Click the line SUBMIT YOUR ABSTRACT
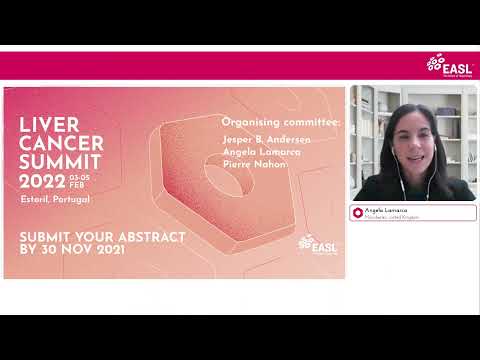[103, 236]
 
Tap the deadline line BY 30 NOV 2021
[71, 250]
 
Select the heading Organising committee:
[280, 122]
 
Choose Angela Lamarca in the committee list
[261, 152]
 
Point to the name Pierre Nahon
[254, 164]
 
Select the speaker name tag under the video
[412, 212]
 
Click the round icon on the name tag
[358, 212]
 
